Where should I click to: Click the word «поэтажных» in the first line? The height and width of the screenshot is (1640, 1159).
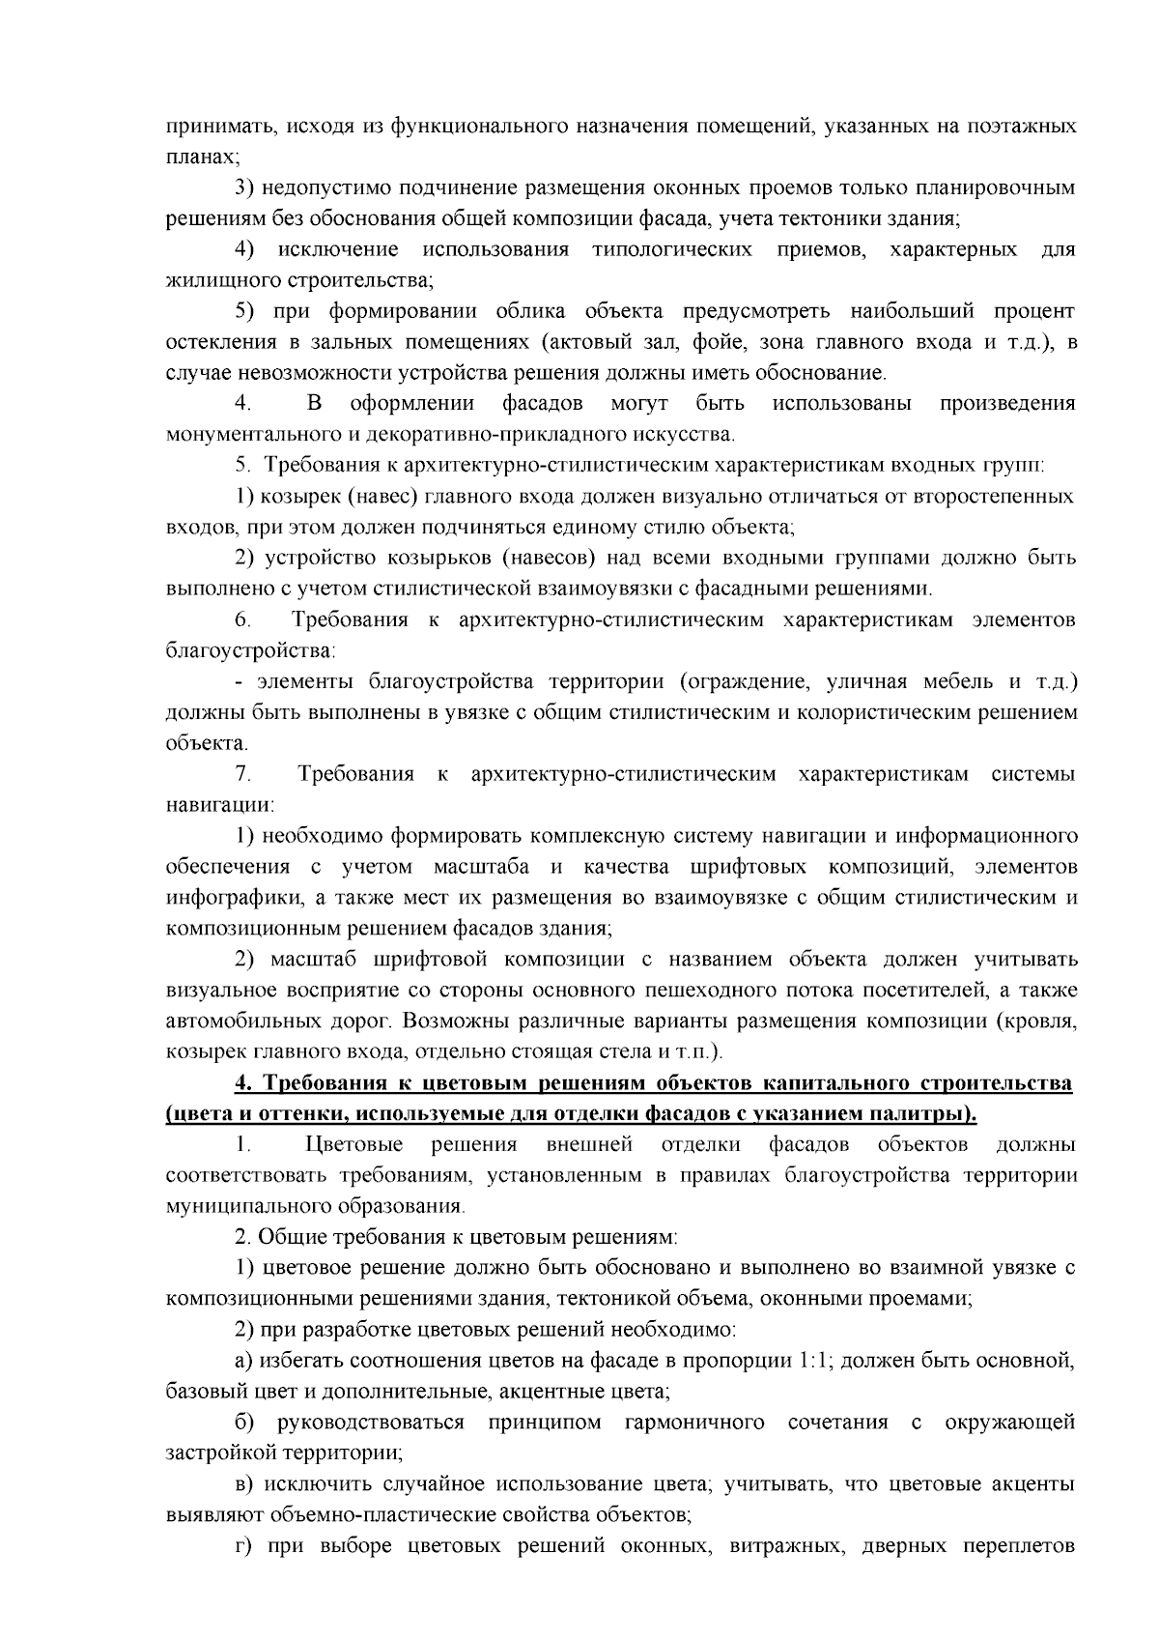pyautogui.click(x=1017, y=126)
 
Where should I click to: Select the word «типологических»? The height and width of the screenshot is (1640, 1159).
pyautogui.click(x=672, y=250)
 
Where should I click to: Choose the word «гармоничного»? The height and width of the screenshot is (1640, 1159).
pyautogui.click(x=694, y=1423)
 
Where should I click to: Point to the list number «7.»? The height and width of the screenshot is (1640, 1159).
pyautogui.click(x=243, y=774)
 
